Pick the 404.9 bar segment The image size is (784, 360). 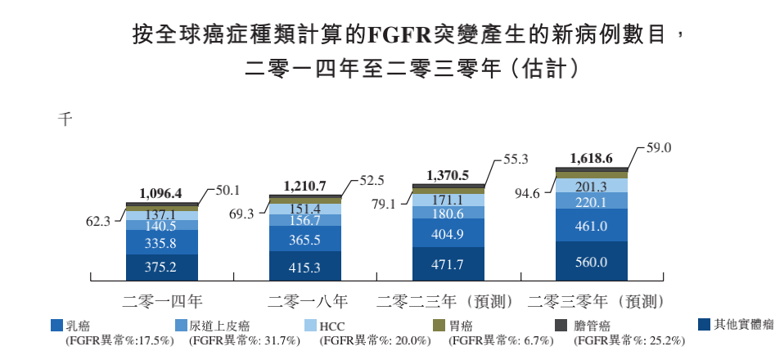click(447, 233)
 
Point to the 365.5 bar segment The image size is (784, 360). click(304, 240)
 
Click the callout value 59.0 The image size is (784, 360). click(660, 149)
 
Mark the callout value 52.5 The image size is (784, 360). click(372, 182)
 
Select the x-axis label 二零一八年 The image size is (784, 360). click(304, 299)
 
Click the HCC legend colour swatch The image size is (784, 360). click(309, 326)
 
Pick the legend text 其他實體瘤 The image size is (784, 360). click(743, 325)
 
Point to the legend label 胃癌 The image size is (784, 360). click(462, 326)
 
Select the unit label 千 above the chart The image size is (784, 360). click(65, 119)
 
